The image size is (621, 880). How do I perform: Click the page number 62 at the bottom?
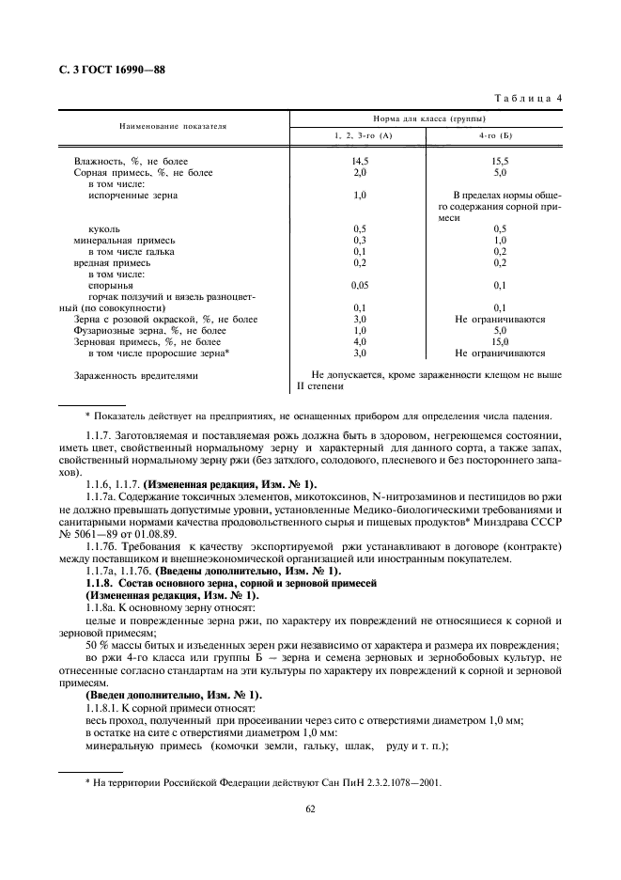[x=309, y=806]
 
